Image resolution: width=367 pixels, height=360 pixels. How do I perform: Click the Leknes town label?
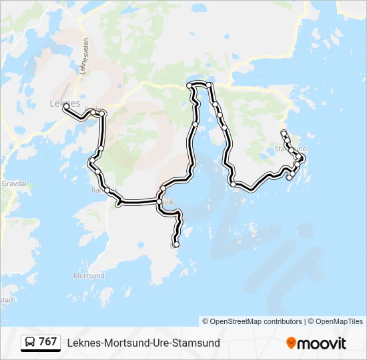65,103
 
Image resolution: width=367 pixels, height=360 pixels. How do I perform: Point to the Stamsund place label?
291,149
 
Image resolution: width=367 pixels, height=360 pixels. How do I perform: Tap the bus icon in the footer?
30,343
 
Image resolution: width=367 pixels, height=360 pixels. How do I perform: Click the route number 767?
48,342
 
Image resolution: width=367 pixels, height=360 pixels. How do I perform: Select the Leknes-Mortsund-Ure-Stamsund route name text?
143,343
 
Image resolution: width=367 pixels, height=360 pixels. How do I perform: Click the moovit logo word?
322,343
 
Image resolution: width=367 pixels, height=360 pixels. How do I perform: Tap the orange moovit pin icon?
291,343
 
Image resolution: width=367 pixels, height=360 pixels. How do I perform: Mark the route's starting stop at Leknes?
66,106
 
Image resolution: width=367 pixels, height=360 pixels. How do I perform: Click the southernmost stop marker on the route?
176,245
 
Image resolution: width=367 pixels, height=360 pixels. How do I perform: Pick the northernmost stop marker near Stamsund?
284,132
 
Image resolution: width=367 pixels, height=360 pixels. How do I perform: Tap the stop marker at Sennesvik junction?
160,201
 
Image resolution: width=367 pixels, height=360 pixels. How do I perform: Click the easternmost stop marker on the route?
302,158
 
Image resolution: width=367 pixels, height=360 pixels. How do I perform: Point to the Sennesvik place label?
167,201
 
